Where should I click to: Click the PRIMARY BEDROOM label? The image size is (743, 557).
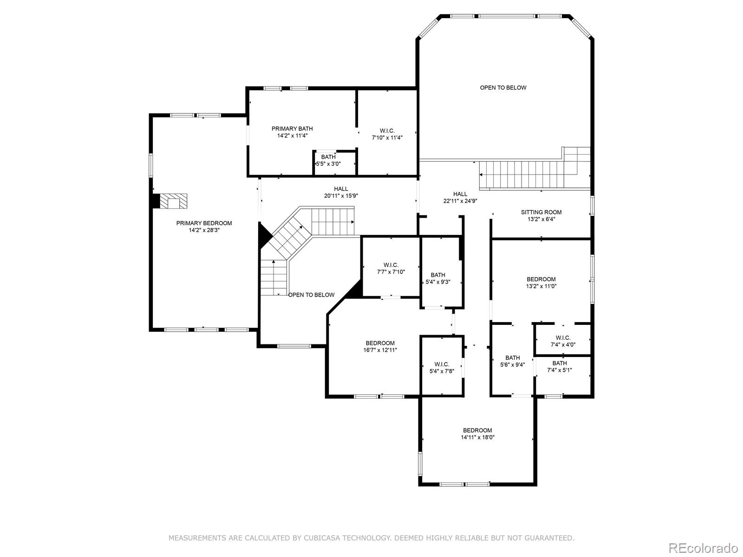click(x=204, y=223)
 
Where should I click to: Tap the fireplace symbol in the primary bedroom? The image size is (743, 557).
click(x=173, y=201)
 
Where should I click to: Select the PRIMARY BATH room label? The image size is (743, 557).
click(x=292, y=129)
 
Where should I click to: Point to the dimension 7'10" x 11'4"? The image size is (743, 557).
click(x=387, y=138)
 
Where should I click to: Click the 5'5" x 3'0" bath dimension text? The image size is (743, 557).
click(x=328, y=164)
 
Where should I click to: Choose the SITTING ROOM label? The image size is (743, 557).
click(x=541, y=213)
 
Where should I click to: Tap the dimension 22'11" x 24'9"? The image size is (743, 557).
click(x=460, y=201)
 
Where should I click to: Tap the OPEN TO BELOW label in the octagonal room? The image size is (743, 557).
click(x=503, y=88)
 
